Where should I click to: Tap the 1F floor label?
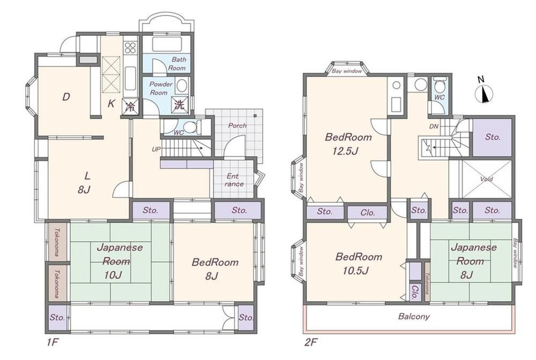point(53,342)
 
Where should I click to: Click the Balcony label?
point(414,317)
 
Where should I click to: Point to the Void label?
point(486,179)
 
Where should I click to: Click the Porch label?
point(237,125)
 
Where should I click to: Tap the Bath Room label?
point(177,64)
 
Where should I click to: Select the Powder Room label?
point(161,88)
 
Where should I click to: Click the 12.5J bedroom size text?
point(345,151)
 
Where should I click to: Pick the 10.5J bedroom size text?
point(355,271)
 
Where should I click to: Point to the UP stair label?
point(156,149)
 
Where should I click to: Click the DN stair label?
point(434,126)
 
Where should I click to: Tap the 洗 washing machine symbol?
point(179,104)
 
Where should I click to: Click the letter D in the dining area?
point(66,97)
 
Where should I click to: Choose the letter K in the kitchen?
point(111,104)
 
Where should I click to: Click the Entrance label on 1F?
point(234,180)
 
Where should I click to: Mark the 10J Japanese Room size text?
point(113,275)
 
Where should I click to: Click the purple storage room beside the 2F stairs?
point(492,137)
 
